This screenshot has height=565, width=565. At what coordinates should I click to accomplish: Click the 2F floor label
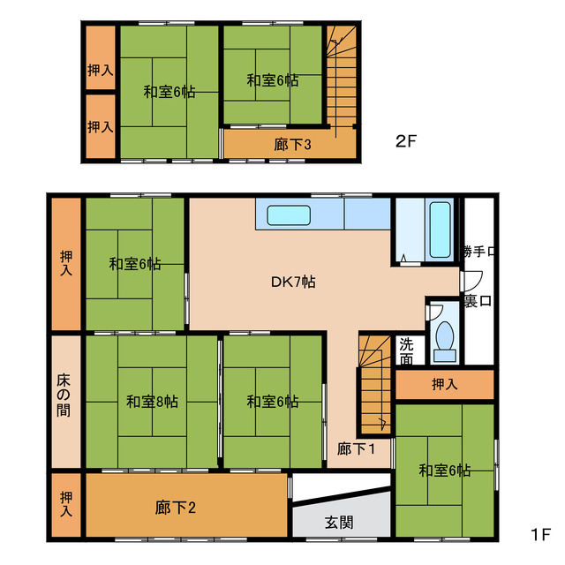(406, 139)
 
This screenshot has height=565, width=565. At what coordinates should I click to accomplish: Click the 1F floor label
(540, 535)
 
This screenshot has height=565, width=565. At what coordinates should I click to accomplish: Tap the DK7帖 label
(293, 282)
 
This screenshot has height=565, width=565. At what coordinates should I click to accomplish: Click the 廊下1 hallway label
(358, 448)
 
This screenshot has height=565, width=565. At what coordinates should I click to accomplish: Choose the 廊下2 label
(175, 507)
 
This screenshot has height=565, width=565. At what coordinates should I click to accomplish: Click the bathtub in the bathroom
(439, 226)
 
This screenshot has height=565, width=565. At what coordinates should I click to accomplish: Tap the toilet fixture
(444, 339)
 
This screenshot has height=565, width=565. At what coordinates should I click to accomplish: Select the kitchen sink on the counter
(286, 215)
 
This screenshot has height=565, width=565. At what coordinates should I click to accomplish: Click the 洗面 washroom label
(405, 351)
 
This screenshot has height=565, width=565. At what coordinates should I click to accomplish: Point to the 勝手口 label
(478, 252)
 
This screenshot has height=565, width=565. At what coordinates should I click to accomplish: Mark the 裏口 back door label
(478, 301)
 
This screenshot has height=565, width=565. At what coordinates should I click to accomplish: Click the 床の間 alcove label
(66, 401)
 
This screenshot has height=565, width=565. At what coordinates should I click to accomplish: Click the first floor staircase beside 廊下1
(374, 385)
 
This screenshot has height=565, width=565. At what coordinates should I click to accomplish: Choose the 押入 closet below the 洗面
(444, 385)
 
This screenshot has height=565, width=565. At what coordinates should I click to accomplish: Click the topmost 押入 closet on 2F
(100, 70)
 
